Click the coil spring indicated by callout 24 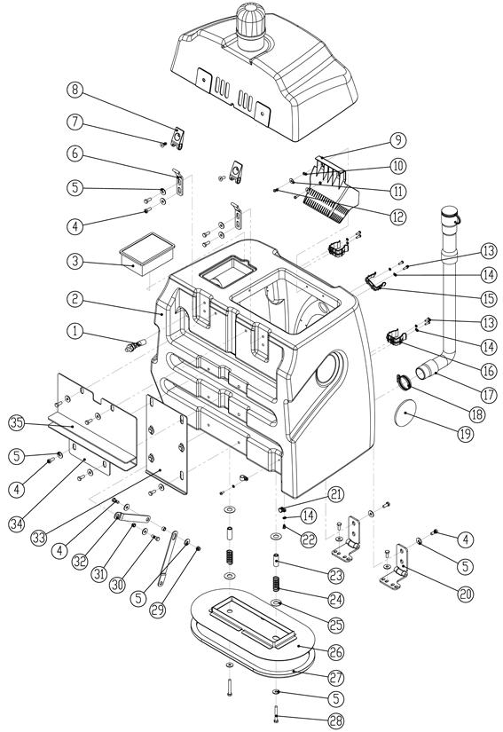(275, 586)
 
